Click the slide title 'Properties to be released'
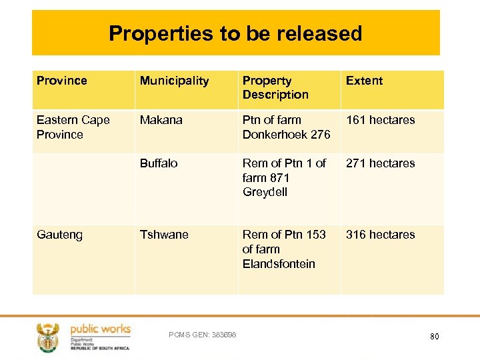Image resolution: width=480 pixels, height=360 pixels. tap(235, 33)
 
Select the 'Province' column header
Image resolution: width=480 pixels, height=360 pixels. tap(62, 81)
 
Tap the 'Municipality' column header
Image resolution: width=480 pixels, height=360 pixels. tap(174, 81)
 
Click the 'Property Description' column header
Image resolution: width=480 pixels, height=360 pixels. tap(275, 87)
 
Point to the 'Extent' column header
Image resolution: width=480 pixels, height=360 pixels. tap(364, 81)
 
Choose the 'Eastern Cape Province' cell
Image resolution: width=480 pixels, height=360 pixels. tap(73, 127)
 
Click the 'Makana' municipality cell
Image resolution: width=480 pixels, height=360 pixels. tap(160, 120)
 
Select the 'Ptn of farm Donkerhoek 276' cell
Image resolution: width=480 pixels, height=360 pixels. tap(286, 127)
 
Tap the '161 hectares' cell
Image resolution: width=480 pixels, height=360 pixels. tap(380, 120)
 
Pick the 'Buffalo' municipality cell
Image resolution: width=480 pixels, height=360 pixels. tap(159, 163)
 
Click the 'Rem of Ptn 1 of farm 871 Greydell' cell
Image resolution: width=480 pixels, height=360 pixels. tap(284, 177)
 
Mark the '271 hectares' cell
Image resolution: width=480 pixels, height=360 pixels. tap(380, 163)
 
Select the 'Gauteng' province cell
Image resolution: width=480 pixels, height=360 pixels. tap(59, 235)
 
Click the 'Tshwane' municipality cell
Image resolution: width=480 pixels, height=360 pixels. tap(164, 235)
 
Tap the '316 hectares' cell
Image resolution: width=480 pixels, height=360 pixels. tap(380, 235)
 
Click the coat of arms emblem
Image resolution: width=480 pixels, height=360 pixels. tap(48, 337)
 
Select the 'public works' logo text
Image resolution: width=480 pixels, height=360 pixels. tap(100, 329)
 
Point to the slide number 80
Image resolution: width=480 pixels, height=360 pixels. tap(434, 337)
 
